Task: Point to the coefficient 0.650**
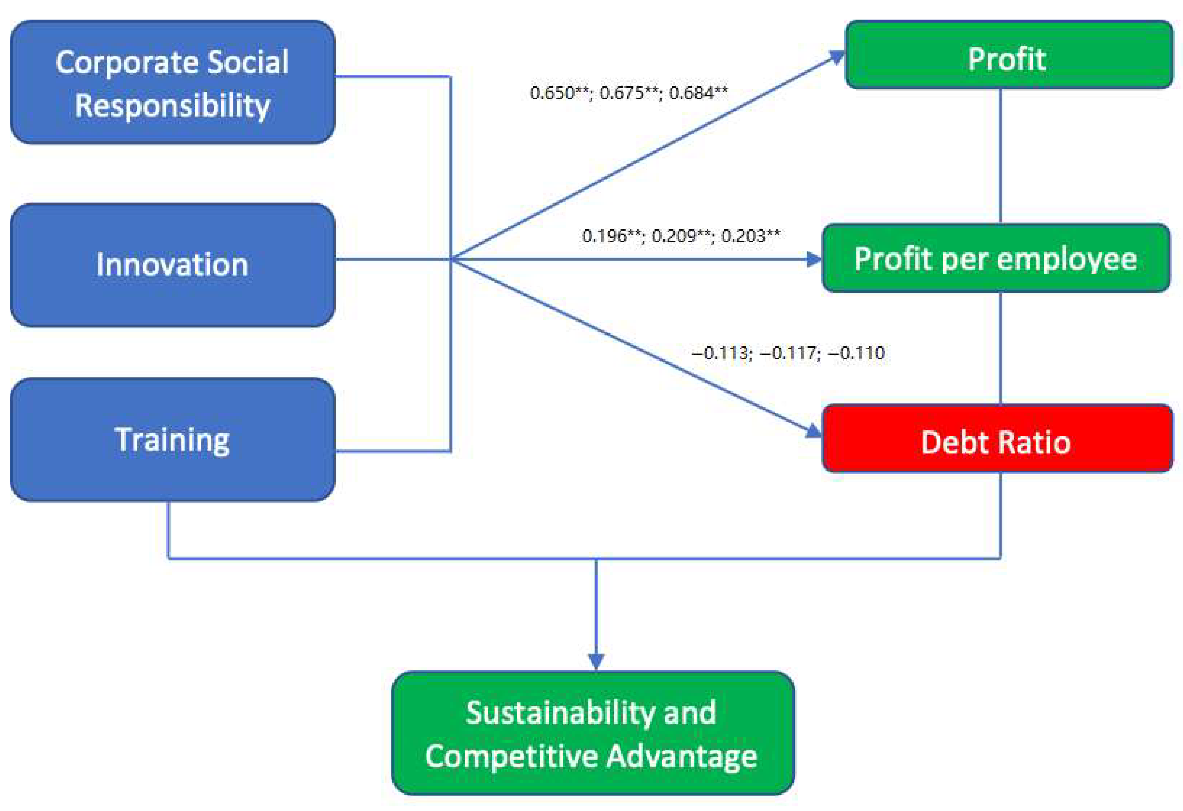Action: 559,93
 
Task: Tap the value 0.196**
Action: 611,236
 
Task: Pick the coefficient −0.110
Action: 857,353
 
